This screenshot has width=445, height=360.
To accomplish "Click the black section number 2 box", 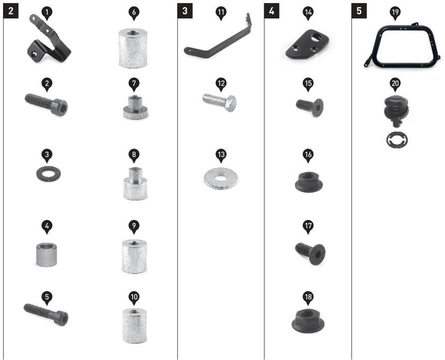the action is [x=11, y=11].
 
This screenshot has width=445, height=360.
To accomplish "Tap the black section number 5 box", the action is [x=359, y=11].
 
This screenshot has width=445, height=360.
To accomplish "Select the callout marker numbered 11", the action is [x=221, y=13].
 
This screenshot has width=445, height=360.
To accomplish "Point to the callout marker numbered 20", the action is [x=395, y=84].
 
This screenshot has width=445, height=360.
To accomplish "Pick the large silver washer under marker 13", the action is [x=221, y=179].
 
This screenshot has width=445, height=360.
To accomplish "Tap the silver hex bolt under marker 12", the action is [x=219, y=102].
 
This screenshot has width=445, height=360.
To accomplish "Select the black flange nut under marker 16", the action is [x=308, y=182].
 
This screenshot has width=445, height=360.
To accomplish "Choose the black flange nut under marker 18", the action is [x=308, y=321].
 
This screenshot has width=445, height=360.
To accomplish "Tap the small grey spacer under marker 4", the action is [x=46, y=254].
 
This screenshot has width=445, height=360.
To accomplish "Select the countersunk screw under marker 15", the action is [x=309, y=107].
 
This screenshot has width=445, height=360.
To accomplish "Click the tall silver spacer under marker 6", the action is [x=133, y=48].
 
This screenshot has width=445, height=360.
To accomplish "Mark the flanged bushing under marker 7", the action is [x=135, y=108].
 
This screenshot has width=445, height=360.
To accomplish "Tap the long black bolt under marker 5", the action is [x=46, y=315].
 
